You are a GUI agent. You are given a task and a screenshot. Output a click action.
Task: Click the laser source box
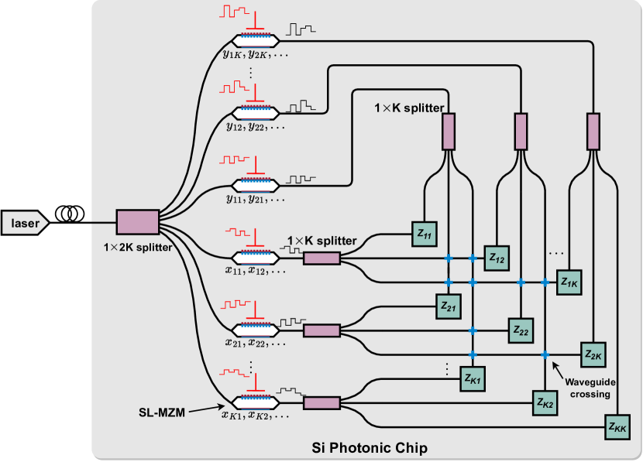[x=25, y=224]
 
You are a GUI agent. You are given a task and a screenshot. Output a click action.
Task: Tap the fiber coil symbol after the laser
[x=70, y=213]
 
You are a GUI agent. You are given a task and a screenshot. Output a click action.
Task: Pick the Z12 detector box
[x=497, y=258]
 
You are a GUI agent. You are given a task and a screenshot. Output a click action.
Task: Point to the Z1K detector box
[x=569, y=282]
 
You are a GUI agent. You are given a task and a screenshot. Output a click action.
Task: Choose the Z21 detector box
[x=449, y=306]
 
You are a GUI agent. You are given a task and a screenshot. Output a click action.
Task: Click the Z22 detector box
[x=521, y=330]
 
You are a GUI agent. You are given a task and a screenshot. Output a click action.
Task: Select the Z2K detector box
[x=593, y=354]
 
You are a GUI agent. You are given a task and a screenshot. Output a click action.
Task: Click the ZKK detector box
[x=617, y=426]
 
